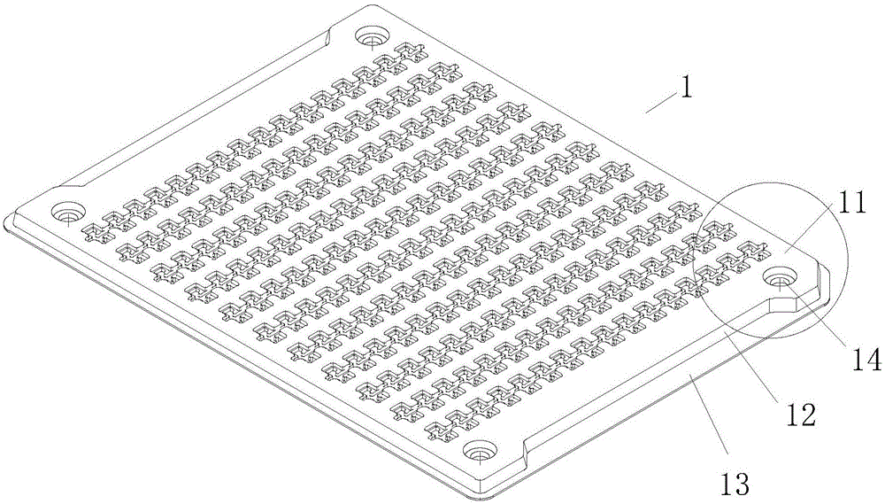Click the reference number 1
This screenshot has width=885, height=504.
pyautogui.click(x=686, y=89)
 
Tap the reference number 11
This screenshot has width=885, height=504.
pyautogui.click(x=850, y=203)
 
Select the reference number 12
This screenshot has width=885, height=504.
pyautogui.click(x=801, y=415)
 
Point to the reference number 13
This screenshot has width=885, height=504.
pyautogui.click(x=735, y=485)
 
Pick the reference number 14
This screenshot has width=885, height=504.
pyautogui.click(x=866, y=360)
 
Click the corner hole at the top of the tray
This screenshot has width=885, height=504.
pyautogui.click(x=371, y=37)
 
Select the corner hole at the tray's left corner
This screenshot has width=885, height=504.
pyautogui.click(x=68, y=213)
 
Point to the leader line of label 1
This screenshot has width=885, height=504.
pyautogui.click(x=660, y=104)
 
